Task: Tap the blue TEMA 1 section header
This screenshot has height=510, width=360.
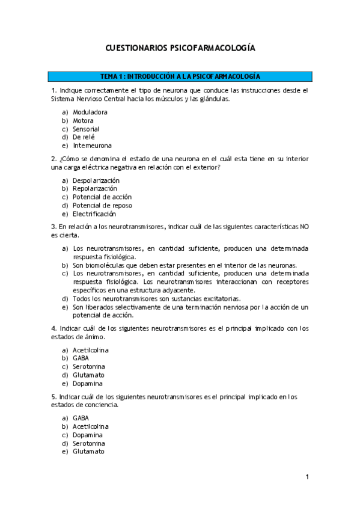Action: pos(180,77)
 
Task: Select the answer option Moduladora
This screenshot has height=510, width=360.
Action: pos(90,112)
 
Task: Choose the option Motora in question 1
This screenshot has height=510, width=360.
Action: pos(83,120)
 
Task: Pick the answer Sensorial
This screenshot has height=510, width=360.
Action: pos(86,129)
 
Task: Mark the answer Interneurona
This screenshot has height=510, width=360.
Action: pos(92,146)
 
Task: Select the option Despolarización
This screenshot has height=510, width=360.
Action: pos(96,180)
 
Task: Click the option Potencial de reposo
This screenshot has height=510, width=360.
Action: pos(102,206)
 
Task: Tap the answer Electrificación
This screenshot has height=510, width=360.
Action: pos(94,214)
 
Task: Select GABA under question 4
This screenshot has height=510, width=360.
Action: pos(81,358)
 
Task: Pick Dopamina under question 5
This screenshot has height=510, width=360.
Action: pos(88,435)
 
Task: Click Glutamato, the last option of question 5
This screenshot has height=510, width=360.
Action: pos(88,452)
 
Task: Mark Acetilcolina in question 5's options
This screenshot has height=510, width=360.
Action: pos(91,426)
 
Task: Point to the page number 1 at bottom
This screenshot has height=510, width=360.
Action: pos(307,478)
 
